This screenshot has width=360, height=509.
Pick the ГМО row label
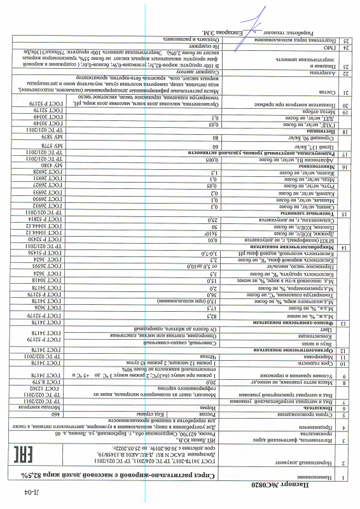(x=322, y=48)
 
